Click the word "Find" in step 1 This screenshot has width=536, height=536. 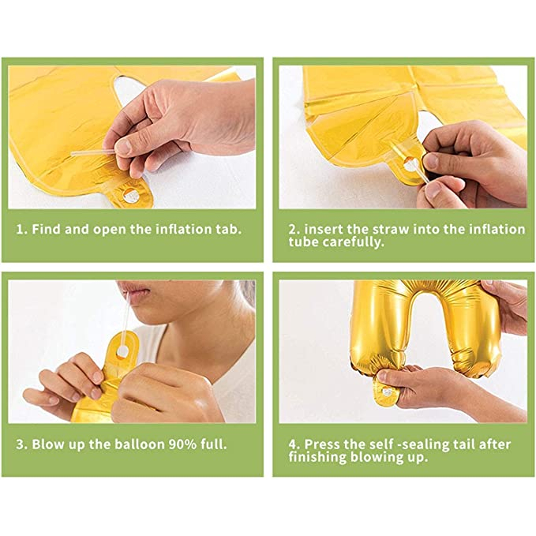coord(47,230)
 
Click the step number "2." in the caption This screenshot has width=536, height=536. coord(294,230)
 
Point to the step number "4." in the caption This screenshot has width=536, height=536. coord(294,444)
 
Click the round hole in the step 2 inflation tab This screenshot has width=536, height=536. coord(409,166)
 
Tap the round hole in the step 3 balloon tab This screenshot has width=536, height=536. coord(122,350)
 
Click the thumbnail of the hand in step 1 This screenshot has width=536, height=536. coord(124,147)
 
